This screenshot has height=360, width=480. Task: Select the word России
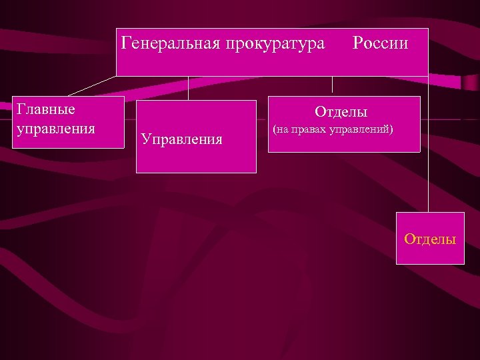tap(380, 44)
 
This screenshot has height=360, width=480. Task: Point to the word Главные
tap(45, 109)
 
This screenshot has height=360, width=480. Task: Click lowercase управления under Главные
tap(55, 127)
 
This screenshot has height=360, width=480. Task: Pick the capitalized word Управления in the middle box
tap(181, 139)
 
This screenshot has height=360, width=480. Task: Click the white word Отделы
tap(341, 112)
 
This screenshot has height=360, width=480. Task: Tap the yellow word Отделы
tap(430, 239)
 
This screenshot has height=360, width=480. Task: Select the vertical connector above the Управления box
tap(189, 87)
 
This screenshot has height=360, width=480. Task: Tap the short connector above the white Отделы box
tap(333, 85)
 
